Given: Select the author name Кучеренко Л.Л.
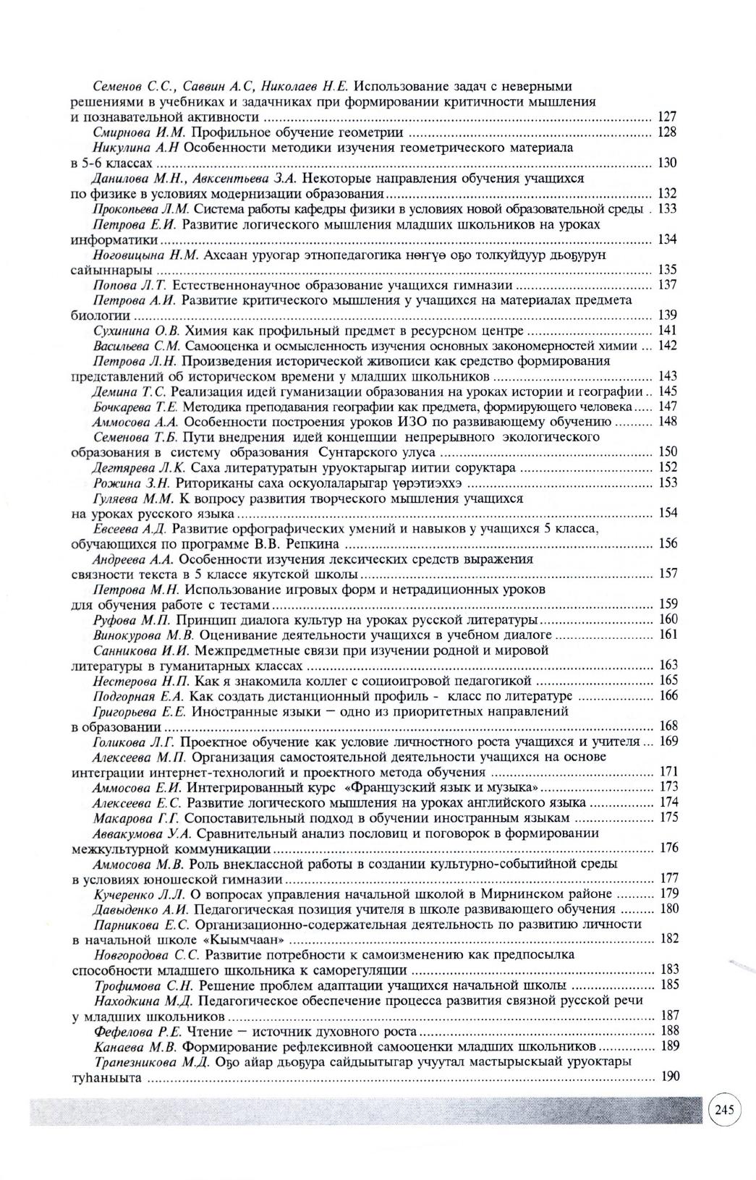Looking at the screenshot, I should tap(140, 894).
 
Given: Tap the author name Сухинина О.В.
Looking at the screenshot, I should tap(137, 331).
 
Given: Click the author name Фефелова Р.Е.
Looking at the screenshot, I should tap(139, 1031).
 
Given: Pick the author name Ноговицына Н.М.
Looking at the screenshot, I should tap(148, 255).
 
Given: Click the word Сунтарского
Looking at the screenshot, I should tap(356, 452).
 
